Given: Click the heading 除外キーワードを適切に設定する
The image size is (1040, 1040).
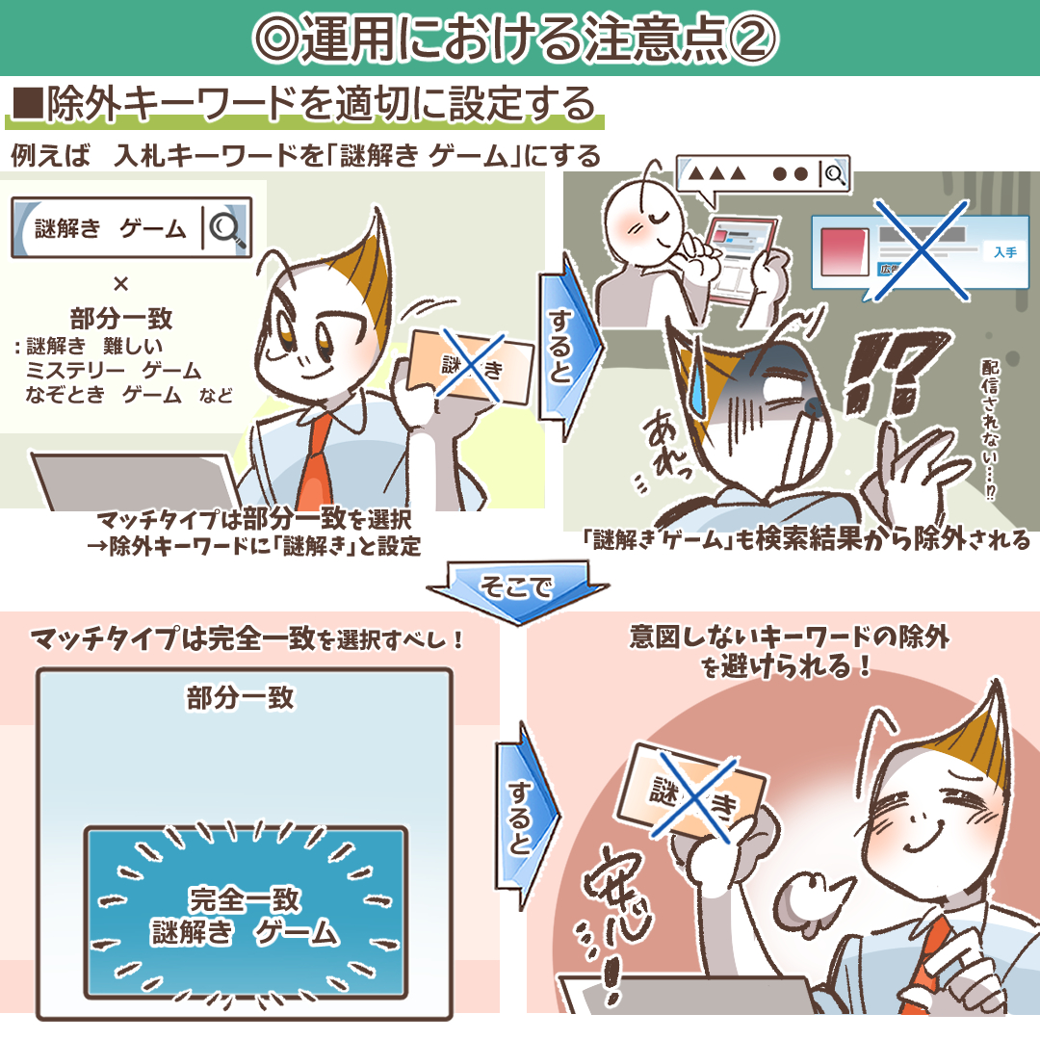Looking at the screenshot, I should (x=303, y=105).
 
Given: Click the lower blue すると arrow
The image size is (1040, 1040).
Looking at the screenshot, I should (x=520, y=817).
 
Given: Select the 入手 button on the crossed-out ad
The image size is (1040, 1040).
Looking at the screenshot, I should (x=1004, y=252).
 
